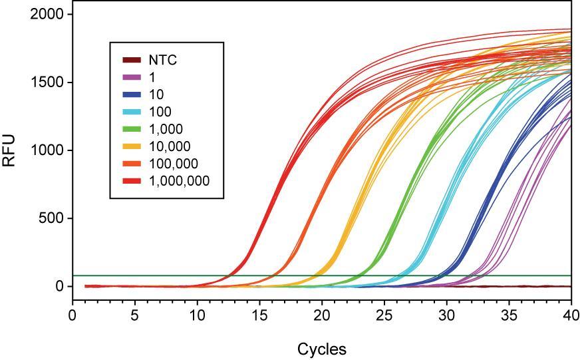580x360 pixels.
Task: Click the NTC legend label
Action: point(162,60)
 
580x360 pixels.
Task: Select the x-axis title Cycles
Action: point(321,349)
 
